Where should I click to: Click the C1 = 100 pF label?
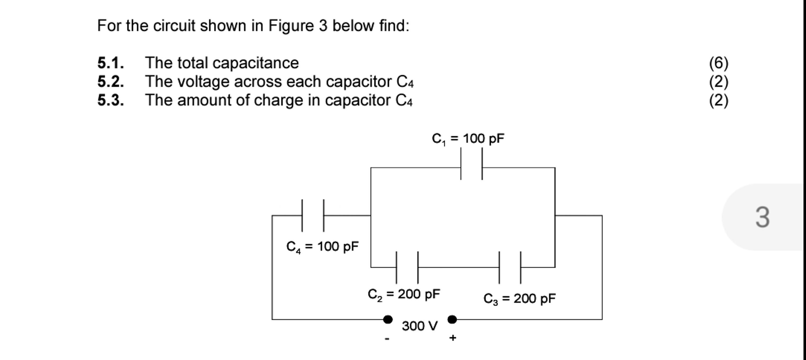coord(468,139)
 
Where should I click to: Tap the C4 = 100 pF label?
coord(322,247)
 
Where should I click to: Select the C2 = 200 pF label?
coord(404,295)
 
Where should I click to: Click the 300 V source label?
coord(420,326)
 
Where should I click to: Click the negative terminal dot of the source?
coord(388,319)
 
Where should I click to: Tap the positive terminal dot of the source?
coord(452,319)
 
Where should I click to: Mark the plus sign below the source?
coord(452,338)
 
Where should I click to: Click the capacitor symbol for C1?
coord(471,164)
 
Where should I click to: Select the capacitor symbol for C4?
coord(313,215)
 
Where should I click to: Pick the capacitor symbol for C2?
coord(407,267)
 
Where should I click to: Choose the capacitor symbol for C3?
coord(510,267)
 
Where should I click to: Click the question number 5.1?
coord(111,63)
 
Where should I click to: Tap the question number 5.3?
coord(111,100)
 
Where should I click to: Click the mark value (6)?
coord(719,63)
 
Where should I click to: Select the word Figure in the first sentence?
coord(291,26)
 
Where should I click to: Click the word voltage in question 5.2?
coord(203,82)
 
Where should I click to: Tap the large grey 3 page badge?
coord(763,217)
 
